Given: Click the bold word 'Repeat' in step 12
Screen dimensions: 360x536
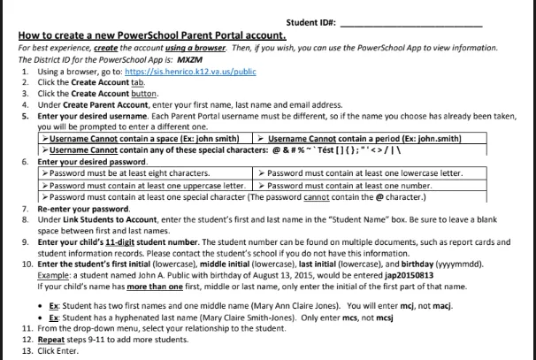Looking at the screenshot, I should point(52,341).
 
